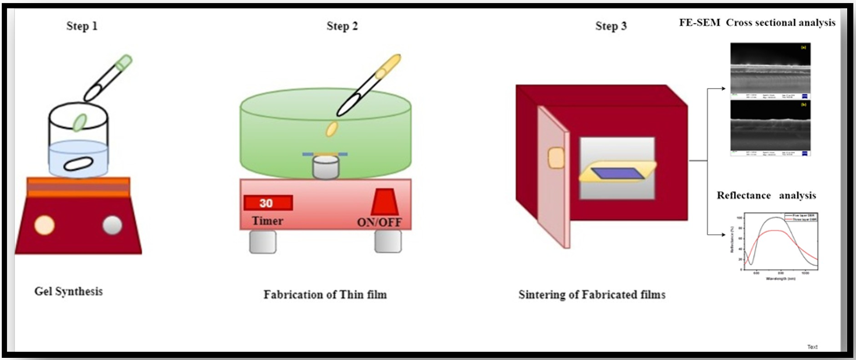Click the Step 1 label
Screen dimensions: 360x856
coord(82,26)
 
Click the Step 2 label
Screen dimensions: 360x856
coord(342,26)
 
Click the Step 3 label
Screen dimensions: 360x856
coord(611,26)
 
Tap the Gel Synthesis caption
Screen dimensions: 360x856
coord(68,292)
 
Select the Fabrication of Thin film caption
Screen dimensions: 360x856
coord(325,295)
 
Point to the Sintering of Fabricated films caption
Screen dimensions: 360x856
coord(592,295)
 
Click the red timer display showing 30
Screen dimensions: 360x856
coord(268,203)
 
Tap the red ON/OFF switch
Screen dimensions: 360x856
coord(384,202)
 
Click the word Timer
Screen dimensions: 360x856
coord(267,221)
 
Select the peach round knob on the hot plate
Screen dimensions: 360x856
coord(44,225)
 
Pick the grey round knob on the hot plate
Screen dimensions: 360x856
coord(112,225)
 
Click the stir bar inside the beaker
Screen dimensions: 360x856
coord(78,164)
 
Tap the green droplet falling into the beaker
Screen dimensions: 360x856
coord(80,123)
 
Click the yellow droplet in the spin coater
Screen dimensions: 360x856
coord(332,129)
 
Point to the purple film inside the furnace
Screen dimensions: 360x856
coord(618,173)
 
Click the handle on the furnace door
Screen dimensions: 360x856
coord(556,158)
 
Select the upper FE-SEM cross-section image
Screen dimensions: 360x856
coord(770,70)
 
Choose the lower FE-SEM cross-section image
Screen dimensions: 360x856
coord(770,128)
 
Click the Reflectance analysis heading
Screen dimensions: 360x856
coord(766,196)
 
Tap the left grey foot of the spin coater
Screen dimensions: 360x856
coord(263,242)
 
